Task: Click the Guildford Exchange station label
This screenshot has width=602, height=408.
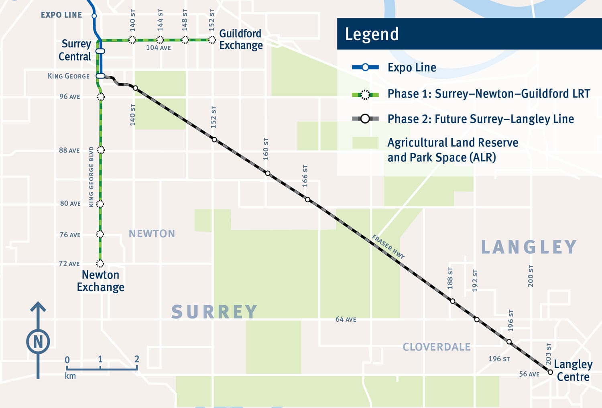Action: [x=241, y=39]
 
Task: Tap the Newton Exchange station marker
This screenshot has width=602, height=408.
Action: [x=100, y=263]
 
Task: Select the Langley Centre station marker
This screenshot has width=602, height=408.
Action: [x=550, y=372]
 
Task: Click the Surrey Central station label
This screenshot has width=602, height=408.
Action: [x=75, y=50]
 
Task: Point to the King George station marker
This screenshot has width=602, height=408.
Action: [x=100, y=76]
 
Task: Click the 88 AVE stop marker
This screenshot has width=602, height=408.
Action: [x=101, y=150]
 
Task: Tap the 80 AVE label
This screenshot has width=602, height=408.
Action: [x=70, y=204]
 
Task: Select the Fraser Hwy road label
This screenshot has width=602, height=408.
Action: [x=388, y=247]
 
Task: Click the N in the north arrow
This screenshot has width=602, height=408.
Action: [x=38, y=342]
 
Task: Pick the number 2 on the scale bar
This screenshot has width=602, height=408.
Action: [x=137, y=359]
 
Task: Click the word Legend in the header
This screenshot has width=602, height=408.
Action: [x=372, y=34]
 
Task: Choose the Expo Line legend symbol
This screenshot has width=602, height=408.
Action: [x=365, y=67]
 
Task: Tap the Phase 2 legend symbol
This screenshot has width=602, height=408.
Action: [x=365, y=119]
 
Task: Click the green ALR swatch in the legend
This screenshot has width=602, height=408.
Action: [x=365, y=143]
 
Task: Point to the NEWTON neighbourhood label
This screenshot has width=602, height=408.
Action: [x=152, y=234]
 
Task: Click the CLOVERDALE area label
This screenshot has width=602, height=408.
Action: [x=437, y=347]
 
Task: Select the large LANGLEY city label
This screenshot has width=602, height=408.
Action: [x=529, y=247]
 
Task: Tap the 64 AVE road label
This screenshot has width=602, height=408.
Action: [x=346, y=320]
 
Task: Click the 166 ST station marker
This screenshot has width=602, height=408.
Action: [x=307, y=200]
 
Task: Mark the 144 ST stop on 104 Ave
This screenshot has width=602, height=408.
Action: [x=160, y=40]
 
